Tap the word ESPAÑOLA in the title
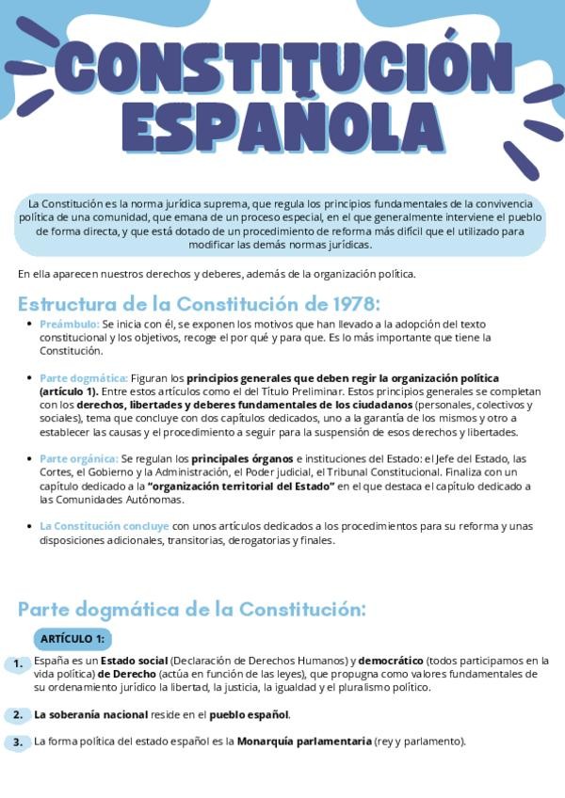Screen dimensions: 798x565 pos(282,127)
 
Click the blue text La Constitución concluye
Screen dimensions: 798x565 pos(105,526)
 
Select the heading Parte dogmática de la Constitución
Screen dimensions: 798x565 pos(191,609)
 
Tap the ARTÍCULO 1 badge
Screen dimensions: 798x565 pos(72,639)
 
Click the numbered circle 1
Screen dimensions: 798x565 pos(18,664)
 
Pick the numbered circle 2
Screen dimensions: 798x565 pos(18,715)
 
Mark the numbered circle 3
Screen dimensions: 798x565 pos(18,742)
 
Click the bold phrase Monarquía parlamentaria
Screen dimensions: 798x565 pos(304,742)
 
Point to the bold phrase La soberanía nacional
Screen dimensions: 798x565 pos(91,714)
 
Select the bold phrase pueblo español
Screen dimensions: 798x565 pos(249,714)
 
